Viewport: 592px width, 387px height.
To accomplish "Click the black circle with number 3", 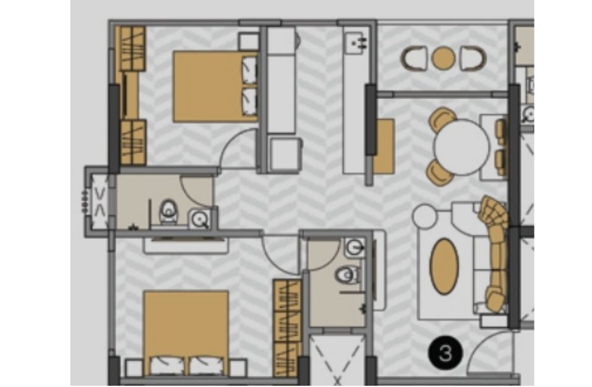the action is click(445, 354).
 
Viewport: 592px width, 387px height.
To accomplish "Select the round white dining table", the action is click(461, 147).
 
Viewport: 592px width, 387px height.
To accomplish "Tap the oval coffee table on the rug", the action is click(445, 266).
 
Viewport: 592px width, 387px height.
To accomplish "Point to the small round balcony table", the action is click(443, 58).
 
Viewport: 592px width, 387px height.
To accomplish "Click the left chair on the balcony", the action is click(414, 58).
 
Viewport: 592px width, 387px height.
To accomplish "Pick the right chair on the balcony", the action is click(473, 58).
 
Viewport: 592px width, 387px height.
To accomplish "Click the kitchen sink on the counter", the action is click(355, 43).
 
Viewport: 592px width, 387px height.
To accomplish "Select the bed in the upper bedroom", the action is click(215, 87).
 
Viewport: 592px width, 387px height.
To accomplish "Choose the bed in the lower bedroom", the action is click(186, 333).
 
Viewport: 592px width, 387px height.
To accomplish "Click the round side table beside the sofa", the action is click(424, 216).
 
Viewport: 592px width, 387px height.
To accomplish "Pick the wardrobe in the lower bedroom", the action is click(287, 328).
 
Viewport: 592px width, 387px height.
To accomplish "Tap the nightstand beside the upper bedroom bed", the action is click(249, 41).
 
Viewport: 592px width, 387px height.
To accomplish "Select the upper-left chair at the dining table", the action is click(442, 119).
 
